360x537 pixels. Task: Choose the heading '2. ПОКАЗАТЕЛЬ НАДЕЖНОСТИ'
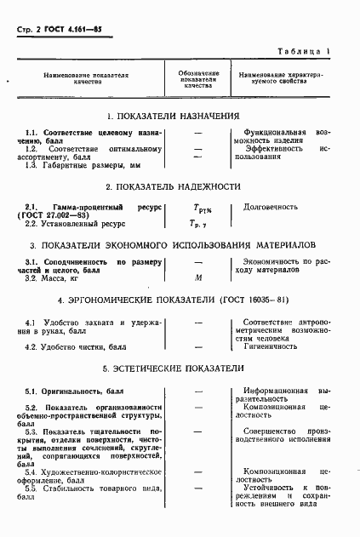[173, 186]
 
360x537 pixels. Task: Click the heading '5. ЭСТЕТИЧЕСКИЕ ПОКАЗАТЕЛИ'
[173, 368]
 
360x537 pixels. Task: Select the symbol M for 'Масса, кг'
[197, 278]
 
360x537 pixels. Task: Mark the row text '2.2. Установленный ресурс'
[75, 223]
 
